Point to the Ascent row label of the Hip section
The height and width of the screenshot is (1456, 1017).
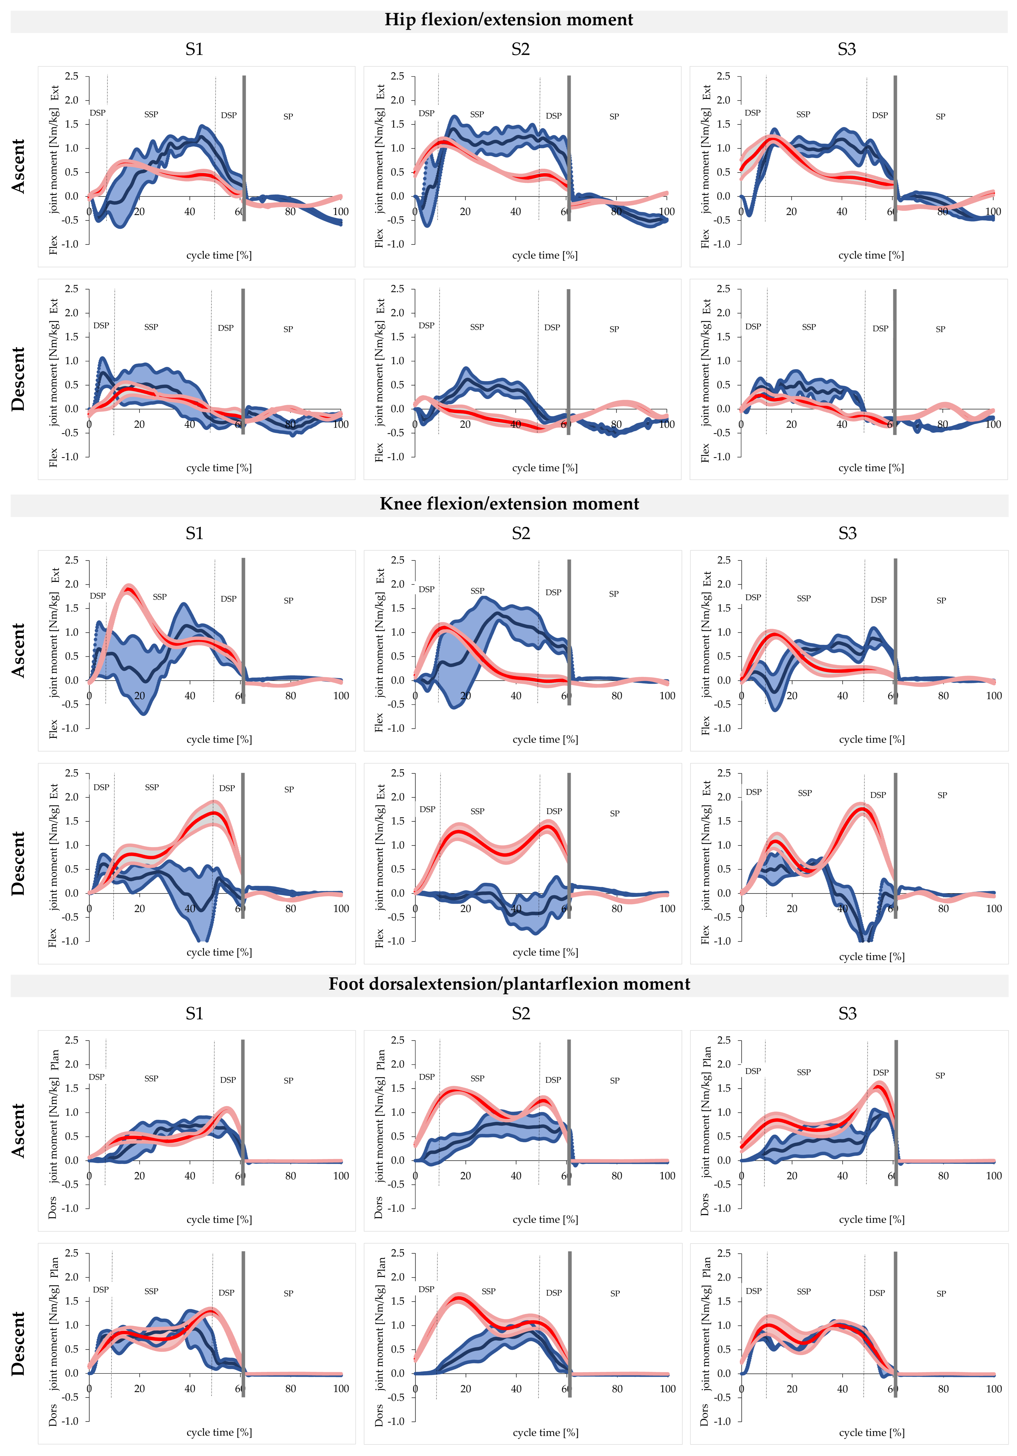[18, 166]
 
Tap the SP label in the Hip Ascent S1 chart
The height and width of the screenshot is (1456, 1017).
[288, 117]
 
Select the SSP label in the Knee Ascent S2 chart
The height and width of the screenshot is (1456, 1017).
[477, 591]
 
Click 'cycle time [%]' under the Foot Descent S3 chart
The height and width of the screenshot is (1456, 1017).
[871, 1432]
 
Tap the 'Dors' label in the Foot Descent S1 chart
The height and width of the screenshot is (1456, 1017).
[53, 1414]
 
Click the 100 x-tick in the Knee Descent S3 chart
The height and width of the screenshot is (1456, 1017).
[994, 909]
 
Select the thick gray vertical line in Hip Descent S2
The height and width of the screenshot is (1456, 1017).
[569, 361]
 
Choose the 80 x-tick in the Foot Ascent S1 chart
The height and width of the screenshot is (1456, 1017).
[290, 1176]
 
